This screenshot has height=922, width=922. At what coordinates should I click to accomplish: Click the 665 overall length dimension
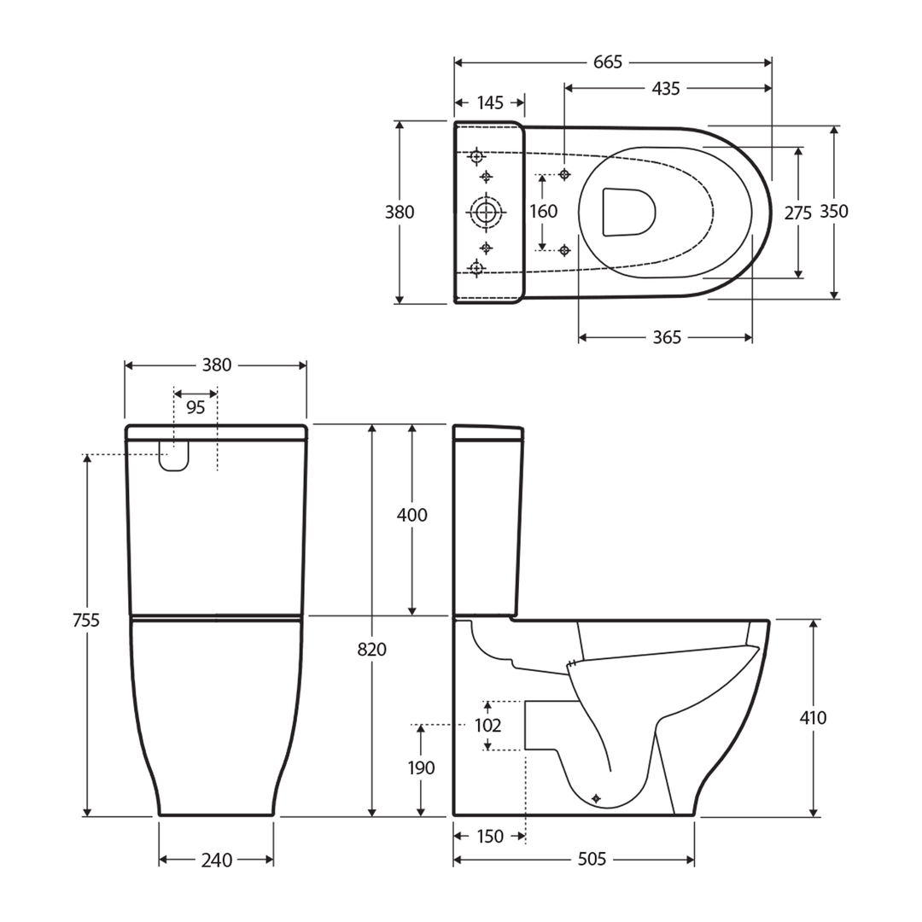pyautogui.click(x=608, y=62)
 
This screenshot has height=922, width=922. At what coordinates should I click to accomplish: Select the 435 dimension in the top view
pyautogui.click(x=665, y=88)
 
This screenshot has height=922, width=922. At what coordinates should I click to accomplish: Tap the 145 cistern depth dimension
pyautogui.click(x=489, y=103)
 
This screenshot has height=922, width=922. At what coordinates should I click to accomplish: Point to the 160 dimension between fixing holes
pyautogui.click(x=543, y=211)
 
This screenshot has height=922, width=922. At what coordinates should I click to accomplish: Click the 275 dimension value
pyautogui.click(x=798, y=213)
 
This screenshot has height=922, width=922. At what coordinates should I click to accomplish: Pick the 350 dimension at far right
pyautogui.click(x=834, y=212)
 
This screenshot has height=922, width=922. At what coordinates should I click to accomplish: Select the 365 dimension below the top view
pyautogui.click(x=667, y=338)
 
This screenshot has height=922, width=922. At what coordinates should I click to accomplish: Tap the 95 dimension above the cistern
pyautogui.click(x=195, y=408)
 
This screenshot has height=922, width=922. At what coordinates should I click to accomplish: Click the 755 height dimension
pyautogui.click(x=85, y=621)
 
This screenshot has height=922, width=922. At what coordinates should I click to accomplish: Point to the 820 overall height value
pyautogui.click(x=371, y=650)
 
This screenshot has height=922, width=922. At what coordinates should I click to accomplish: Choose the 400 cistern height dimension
pyautogui.click(x=412, y=516)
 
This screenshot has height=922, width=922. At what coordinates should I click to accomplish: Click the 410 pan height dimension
pyautogui.click(x=813, y=718)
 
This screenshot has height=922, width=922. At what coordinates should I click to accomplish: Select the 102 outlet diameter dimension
pyautogui.click(x=487, y=727)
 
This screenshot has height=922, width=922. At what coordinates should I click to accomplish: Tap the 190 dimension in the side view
pyautogui.click(x=421, y=768)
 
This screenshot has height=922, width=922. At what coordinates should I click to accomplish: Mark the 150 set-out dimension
pyautogui.click(x=490, y=837)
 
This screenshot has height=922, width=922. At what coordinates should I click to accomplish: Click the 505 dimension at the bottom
pyautogui.click(x=592, y=860)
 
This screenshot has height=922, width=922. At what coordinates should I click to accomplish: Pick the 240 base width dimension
pyautogui.click(x=216, y=861)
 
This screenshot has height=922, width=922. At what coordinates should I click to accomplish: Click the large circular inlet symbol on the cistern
pyautogui.click(x=487, y=211)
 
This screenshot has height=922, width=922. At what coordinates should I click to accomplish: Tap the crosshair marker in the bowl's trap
pyautogui.click(x=596, y=797)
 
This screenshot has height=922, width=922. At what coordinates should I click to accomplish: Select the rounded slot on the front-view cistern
pyautogui.click(x=174, y=457)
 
